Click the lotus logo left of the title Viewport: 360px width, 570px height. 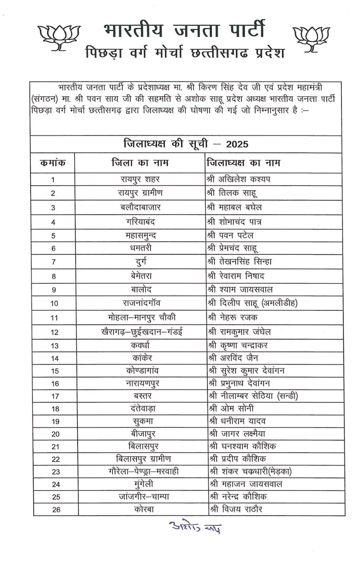(59, 37)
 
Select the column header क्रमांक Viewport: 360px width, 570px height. (53, 163)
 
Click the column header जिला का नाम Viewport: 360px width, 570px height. (140, 163)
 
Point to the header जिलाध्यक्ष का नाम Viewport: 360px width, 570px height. (243, 163)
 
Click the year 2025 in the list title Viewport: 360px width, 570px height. (237, 144)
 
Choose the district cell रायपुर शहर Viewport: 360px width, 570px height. (140, 179)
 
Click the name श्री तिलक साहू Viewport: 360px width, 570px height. (232, 193)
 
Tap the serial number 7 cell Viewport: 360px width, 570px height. (53, 262)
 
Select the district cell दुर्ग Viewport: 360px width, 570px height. (141, 262)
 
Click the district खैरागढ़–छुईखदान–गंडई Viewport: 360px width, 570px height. (142, 332)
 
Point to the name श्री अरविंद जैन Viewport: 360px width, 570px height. (233, 358)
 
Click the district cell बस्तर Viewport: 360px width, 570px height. (143, 396)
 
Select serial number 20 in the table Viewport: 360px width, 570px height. (55, 434)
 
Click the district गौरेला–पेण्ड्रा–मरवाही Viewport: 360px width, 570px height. (143, 472)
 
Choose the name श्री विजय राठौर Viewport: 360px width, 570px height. (236, 509)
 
